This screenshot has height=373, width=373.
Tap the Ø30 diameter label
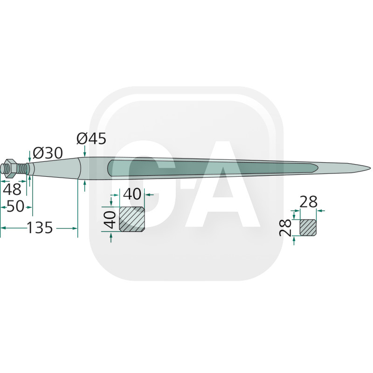(48, 152)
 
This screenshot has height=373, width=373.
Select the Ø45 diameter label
(91, 138)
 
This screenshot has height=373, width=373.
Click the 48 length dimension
(12, 189)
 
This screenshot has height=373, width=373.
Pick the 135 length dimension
(40, 228)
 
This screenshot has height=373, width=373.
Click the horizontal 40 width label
(132, 192)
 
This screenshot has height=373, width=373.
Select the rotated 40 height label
(110, 219)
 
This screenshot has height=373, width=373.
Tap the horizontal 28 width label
(308, 201)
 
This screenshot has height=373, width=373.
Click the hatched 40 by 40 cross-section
(132, 219)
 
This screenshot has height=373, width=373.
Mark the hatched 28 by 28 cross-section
(308, 227)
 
